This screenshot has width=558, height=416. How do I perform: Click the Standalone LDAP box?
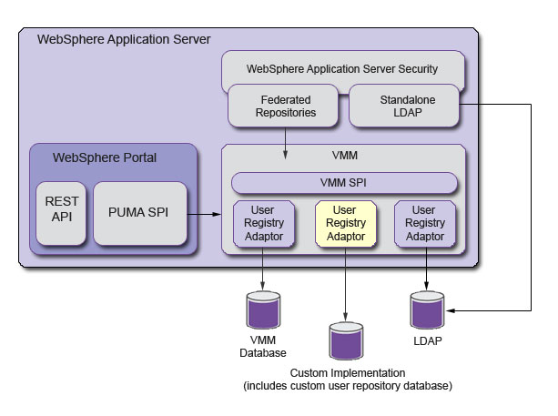coord(404,106)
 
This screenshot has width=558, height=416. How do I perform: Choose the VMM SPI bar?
coord(344,182)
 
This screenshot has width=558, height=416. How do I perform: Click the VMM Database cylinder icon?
coord(263,310)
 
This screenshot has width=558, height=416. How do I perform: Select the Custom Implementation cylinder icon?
coord(345,340)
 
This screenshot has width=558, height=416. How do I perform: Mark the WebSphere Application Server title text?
coord(124,40)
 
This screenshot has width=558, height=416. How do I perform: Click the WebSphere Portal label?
coord(105,157)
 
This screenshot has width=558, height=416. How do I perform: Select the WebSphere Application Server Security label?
coord(343,68)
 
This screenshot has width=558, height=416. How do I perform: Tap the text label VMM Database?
coord(263,347)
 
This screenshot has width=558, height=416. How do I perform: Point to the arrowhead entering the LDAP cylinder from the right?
coord(450,312)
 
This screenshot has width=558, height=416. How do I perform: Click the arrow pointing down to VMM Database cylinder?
coord(263,271)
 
